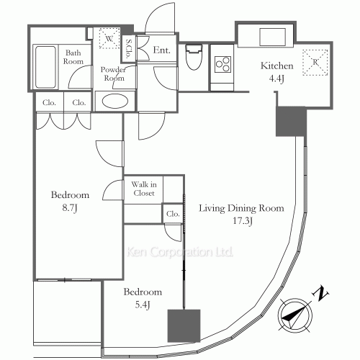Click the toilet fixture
click(x=194, y=57)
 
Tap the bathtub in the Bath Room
click(x=45, y=67)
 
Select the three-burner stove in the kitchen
click(x=222, y=64)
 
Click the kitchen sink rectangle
click(x=272, y=37)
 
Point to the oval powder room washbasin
click(x=114, y=101)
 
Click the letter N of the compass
click(x=320, y=294)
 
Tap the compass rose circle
click(x=295, y=315)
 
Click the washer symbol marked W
click(x=109, y=38)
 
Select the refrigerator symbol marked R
click(x=315, y=63)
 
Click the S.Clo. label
click(x=129, y=49)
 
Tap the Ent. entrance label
click(x=161, y=50)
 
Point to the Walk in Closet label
click(x=144, y=189)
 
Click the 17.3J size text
click(x=243, y=221)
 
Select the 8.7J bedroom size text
click(x=70, y=208)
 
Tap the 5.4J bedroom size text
click(x=143, y=305)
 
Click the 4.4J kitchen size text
click(x=276, y=78)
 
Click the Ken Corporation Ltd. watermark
click(x=179, y=252)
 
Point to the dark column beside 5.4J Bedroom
click(x=184, y=325)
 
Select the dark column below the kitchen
click(x=291, y=122)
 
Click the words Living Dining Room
click(x=241, y=208)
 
